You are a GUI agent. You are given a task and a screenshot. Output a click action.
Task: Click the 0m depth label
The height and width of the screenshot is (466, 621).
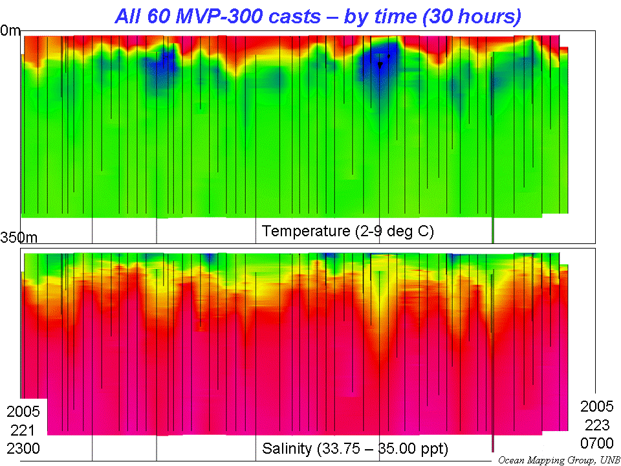point(11,30)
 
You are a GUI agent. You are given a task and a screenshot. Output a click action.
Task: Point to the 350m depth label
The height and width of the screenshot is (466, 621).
point(19,238)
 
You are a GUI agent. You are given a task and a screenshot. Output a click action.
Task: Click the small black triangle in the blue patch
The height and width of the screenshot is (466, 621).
point(380,65)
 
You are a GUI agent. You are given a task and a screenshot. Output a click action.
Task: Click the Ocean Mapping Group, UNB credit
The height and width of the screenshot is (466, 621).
point(558,460)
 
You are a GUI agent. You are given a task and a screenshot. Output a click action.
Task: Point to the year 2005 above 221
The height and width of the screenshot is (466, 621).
point(23,412)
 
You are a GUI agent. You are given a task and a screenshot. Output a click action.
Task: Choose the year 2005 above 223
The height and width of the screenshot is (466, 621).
point(597,406)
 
